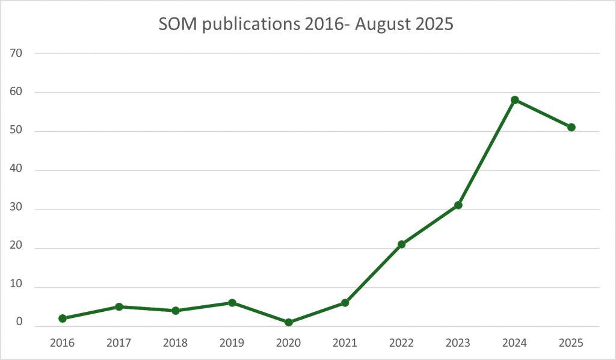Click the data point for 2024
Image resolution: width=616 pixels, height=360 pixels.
(x=515, y=100)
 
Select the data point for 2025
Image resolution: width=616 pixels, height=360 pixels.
(x=571, y=127)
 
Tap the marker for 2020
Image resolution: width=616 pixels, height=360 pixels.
(x=289, y=323)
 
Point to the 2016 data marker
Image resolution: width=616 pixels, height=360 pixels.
(x=63, y=318)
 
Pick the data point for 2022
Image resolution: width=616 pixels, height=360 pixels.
(x=402, y=244)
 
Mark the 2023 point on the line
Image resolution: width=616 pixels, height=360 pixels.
(x=458, y=205)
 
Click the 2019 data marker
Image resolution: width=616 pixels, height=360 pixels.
(x=232, y=303)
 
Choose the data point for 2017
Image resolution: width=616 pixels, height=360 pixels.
(x=119, y=307)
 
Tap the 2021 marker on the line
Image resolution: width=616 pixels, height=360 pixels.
(x=345, y=303)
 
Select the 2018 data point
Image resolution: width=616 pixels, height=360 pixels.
(x=176, y=311)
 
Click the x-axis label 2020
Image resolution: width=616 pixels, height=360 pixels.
(x=289, y=343)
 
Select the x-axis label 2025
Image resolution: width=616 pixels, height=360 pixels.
(x=571, y=343)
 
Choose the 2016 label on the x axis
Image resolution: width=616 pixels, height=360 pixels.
(x=63, y=343)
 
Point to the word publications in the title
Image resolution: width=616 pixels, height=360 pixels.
(x=244, y=25)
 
